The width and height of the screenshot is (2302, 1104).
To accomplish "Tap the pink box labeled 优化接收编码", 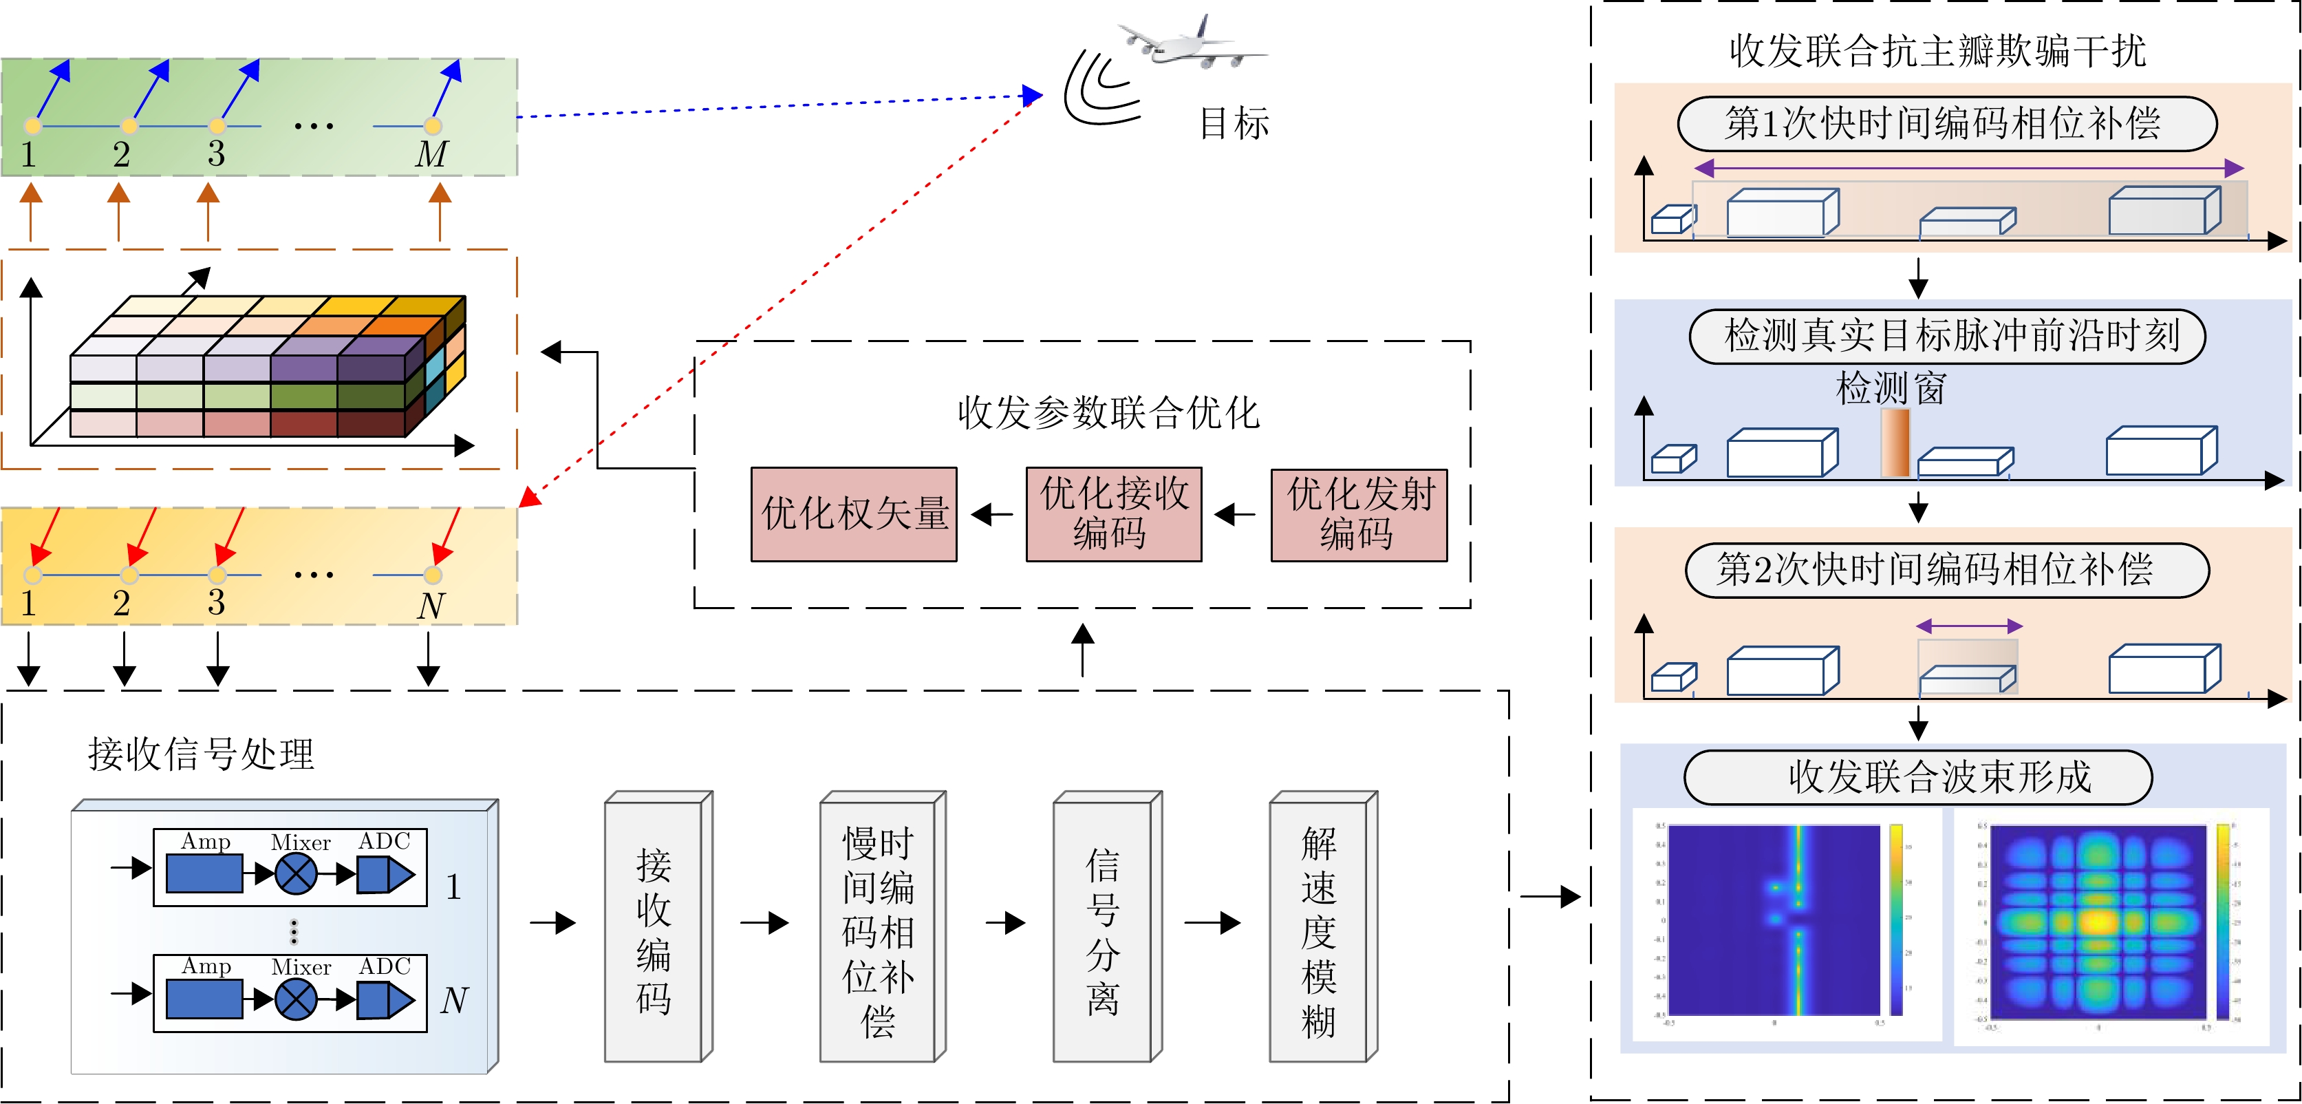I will pyautogui.click(x=1113, y=514).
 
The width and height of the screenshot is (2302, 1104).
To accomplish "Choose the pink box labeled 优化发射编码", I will pyautogui.click(x=1358, y=514).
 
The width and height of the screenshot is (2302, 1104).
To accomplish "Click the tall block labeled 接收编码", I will pyautogui.click(x=654, y=930).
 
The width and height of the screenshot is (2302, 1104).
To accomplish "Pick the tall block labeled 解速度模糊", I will pyautogui.click(x=1319, y=930).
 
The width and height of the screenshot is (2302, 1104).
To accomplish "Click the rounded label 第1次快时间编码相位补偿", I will pyautogui.click(x=1946, y=123).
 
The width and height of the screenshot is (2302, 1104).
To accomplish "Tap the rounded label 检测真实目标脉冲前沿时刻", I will pyautogui.click(x=1946, y=336).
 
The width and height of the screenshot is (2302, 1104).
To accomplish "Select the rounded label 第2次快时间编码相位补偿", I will pyautogui.click(x=1946, y=569).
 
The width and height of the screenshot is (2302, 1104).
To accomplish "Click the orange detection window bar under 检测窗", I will pyautogui.click(x=1895, y=443).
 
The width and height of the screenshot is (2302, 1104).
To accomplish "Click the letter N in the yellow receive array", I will pyautogui.click(x=431, y=605).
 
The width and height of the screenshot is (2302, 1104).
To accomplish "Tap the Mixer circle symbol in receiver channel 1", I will pyautogui.click(x=296, y=873).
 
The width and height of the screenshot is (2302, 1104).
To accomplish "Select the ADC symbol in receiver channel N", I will pyautogui.click(x=385, y=999).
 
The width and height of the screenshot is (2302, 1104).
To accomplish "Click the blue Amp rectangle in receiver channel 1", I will pyautogui.click(x=204, y=873).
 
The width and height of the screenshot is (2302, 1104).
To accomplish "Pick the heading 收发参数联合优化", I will pyautogui.click(x=1108, y=413).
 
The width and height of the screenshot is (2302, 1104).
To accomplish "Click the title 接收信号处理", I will pyautogui.click(x=201, y=754).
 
